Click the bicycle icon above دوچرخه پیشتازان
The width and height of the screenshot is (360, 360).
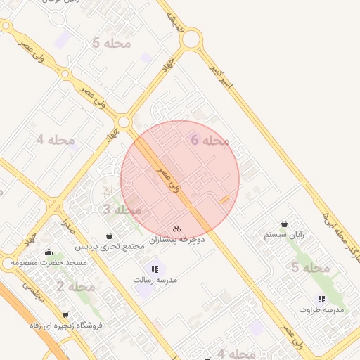(x=176, y=229)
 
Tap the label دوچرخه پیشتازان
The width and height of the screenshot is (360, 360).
(x=176, y=240)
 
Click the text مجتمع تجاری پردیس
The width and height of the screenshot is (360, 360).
(x=110, y=247)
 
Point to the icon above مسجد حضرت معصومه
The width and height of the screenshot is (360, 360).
(x=49, y=252)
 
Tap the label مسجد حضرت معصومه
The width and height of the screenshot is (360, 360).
(x=49, y=263)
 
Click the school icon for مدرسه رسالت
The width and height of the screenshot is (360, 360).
(x=155, y=269)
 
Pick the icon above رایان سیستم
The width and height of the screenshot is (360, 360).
(x=284, y=223)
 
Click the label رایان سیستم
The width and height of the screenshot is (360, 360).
(x=284, y=235)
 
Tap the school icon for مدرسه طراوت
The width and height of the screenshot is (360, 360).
(x=322, y=298)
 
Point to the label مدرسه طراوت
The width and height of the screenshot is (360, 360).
(x=322, y=309)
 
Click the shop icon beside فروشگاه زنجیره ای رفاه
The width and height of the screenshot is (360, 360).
(x=65, y=314)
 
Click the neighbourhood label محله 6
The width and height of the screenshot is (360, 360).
(x=210, y=141)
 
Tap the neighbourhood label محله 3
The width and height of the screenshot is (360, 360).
(x=122, y=210)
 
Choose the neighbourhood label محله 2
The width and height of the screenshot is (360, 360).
(x=75, y=287)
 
